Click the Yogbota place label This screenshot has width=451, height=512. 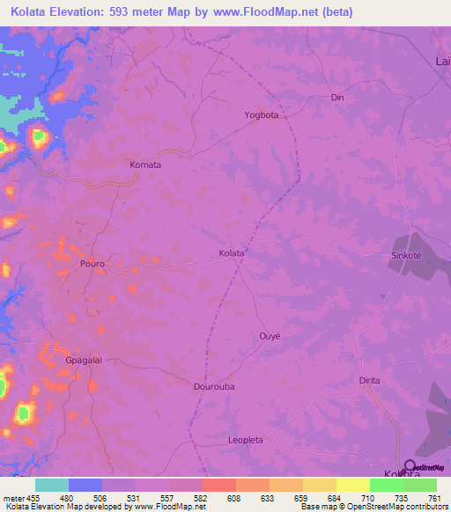tap(261, 115)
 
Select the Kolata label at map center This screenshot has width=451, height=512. tap(232, 253)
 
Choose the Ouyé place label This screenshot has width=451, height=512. tap(270, 335)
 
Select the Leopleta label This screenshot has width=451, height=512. tap(247, 440)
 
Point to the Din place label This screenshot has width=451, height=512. tap(336, 98)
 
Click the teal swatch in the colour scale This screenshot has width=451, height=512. tap(52, 485)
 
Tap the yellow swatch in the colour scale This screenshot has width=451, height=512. tap(352, 485)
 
